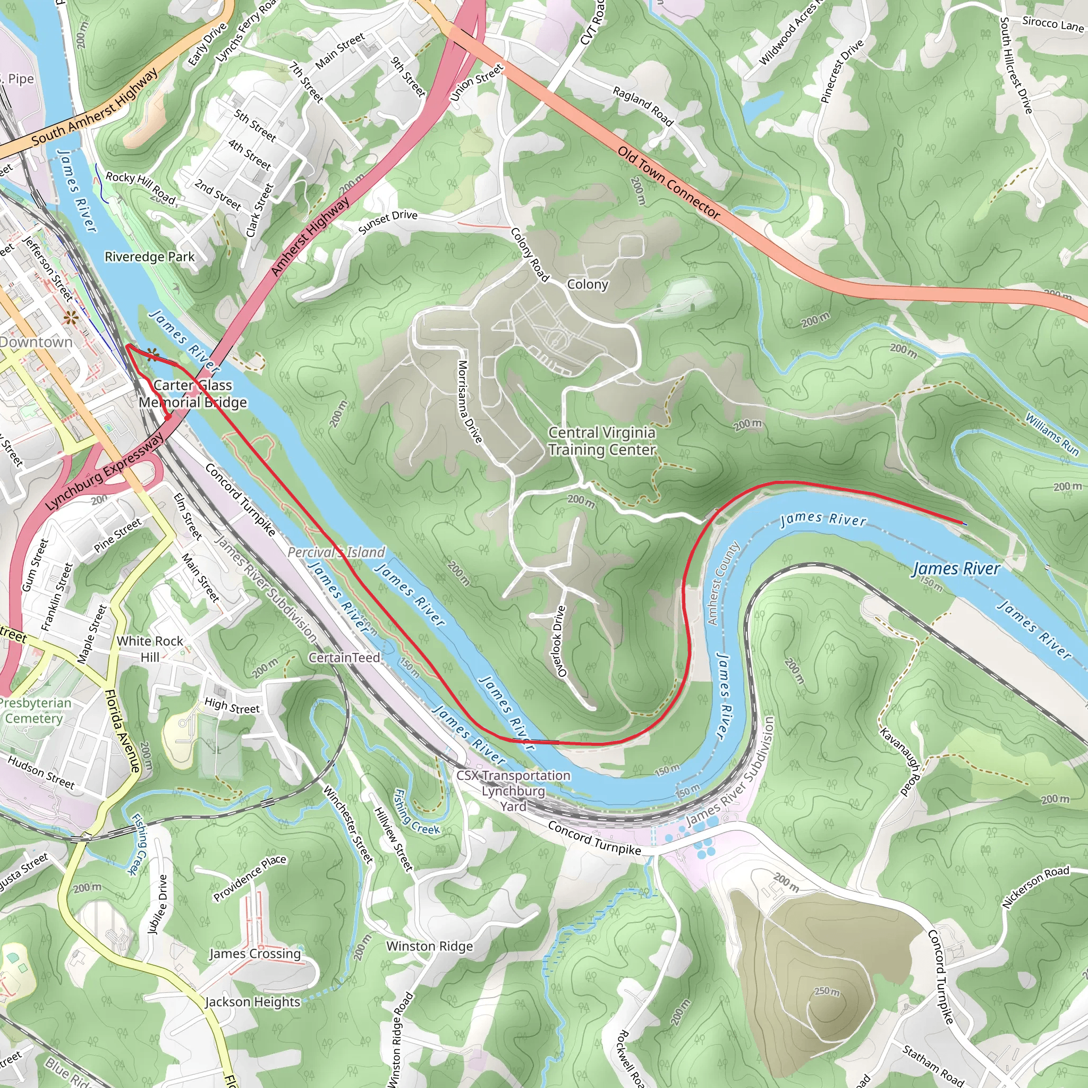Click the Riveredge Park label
point(149,257)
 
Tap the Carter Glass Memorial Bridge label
point(193,394)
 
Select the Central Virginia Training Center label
point(601,441)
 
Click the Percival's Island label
point(336,552)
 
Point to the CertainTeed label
point(344,658)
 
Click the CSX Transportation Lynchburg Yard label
point(513,790)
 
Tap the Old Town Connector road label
point(668,182)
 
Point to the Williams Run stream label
point(1051,434)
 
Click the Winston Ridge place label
point(430,947)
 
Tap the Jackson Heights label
point(252,1002)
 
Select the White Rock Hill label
point(150,649)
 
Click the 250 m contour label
point(827,991)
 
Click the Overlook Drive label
point(560,641)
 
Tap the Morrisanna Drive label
point(470,402)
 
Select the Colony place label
point(588,284)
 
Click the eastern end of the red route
point(965,524)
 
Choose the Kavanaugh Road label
point(900,762)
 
